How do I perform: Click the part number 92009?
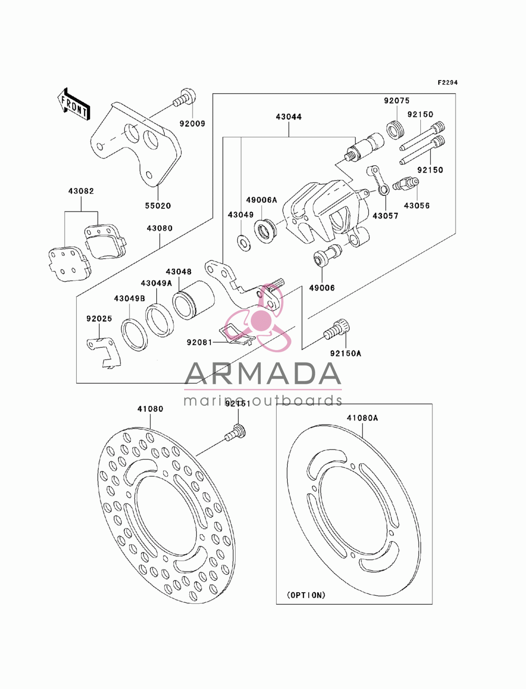(193, 124)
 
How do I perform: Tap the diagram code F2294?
(448, 83)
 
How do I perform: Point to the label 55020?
(158, 206)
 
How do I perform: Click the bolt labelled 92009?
(185, 98)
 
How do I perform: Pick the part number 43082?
(81, 191)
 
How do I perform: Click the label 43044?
(289, 117)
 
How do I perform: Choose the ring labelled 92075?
(396, 129)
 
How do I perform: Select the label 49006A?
(261, 200)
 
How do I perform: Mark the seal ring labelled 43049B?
(134, 335)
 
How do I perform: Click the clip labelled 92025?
(104, 352)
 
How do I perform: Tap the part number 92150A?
(346, 354)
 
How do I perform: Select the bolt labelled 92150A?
(337, 329)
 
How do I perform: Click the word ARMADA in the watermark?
(262, 374)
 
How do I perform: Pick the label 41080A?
(362, 418)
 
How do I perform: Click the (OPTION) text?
(306, 595)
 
